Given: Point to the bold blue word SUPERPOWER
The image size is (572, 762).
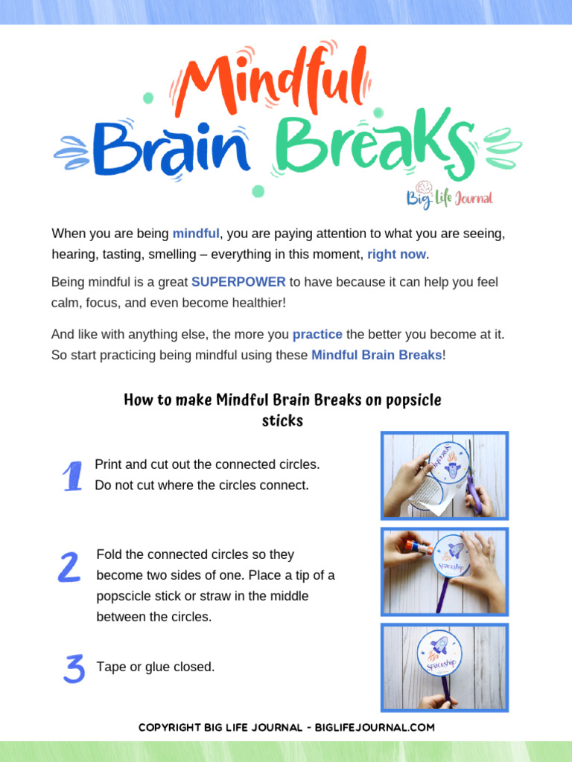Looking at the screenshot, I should click(238, 282).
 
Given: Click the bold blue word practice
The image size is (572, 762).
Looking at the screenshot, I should click(317, 334).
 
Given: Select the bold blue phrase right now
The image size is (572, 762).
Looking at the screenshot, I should click(397, 254).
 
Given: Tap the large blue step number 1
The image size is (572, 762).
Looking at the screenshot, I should click(71, 476).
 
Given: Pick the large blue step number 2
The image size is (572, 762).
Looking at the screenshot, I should click(69, 568).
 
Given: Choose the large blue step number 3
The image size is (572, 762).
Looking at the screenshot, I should click(73, 667).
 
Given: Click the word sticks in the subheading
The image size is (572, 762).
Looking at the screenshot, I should click(282, 420).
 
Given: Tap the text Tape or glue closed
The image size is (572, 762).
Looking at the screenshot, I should click(156, 667).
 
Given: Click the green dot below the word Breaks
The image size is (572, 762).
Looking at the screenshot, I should click(258, 191).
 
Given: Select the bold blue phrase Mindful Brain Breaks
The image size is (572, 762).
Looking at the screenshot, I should click(376, 355).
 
